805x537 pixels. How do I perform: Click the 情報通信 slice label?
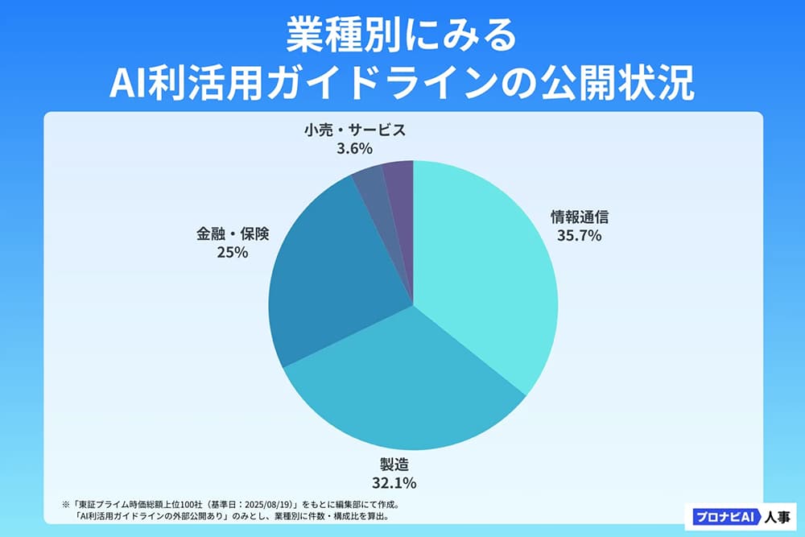tap(579, 217)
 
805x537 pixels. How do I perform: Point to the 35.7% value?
tap(579, 236)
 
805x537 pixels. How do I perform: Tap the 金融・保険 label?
tap(232, 233)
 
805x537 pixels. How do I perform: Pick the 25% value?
tap(232, 252)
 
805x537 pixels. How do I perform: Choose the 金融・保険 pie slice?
tap(330, 274)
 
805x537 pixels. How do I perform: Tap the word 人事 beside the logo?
tap(771, 515)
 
